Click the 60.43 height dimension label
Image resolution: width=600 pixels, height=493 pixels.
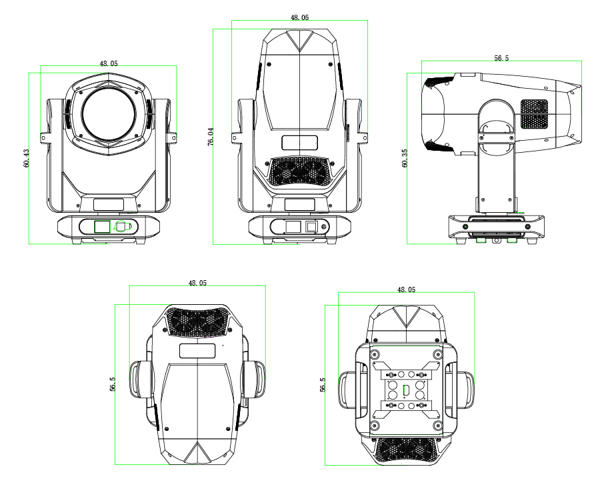pos(26,158)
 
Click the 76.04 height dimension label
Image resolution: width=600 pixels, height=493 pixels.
pos(211,137)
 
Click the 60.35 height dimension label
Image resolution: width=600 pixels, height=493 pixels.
pos(405,157)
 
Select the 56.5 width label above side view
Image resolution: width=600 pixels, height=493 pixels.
pos(501,58)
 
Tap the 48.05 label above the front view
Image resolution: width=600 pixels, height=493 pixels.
pos(109,63)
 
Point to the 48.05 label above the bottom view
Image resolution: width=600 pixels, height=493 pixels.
pos(406,290)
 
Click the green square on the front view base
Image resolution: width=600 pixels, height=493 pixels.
pos(102,226)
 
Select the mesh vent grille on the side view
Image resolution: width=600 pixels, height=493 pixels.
pos(535,113)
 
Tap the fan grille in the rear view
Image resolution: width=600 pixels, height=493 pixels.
pos(299,171)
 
